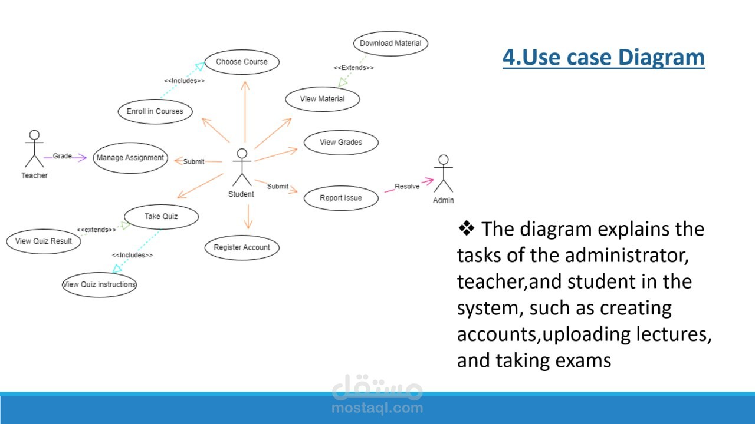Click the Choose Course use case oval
click(242, 62)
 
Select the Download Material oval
click(390, 43)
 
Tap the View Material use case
click(323, 99)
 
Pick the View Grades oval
click(341, 142)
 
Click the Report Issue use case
click(341, 198)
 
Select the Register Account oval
click(242, 247)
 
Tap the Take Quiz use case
click(161, 216)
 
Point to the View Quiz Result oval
click(44, 241)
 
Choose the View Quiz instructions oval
click(99, 284)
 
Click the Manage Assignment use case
click(130, 158)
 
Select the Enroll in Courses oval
click(155, 111)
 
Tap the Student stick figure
click(241, 167)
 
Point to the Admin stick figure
click(444, 173)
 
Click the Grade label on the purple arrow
click(62, 156)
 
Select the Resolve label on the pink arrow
click(407, 187)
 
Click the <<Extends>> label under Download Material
click(354, 68)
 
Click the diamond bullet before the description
click(467, 228)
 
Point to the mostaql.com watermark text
click(377, 408)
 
